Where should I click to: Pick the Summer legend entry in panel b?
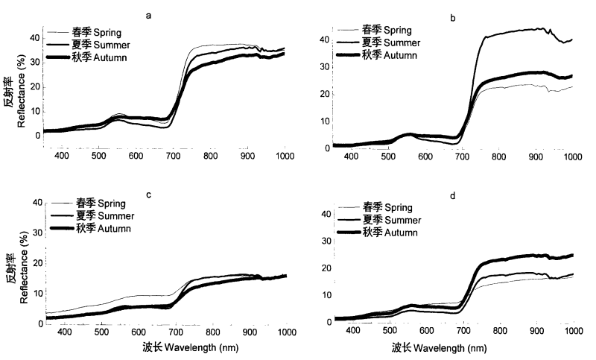tap(392, 42)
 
